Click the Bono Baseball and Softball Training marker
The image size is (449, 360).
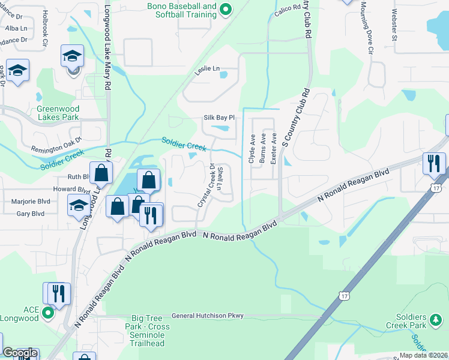click(x=226, y=9)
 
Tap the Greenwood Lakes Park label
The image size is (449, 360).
click(x=58, y=113)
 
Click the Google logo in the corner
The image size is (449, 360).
click(x=20, y=353)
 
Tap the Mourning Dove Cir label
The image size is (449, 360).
click(x=367, y=28)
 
